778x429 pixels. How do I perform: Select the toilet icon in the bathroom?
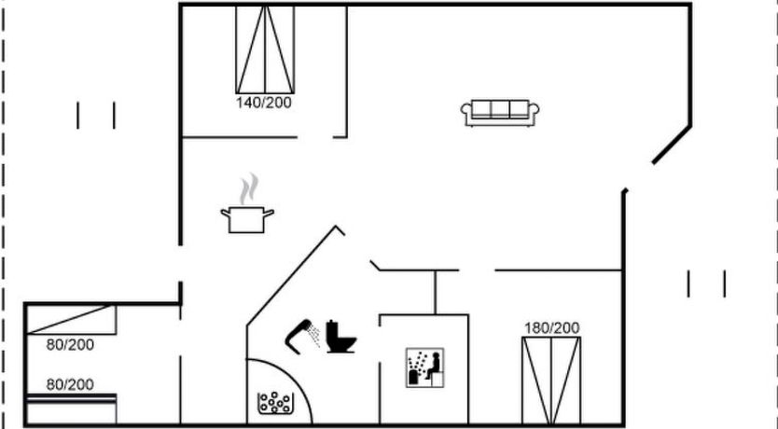pos(340,337)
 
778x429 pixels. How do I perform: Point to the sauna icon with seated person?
pos(424,367)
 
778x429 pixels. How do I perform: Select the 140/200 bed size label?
pos(264,103)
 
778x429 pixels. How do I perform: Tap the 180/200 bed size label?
pos(551,327)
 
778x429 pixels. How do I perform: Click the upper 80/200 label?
pos(70,345)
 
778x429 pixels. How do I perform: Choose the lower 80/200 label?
pos(70,384)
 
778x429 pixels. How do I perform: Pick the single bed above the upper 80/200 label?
pos(71,319)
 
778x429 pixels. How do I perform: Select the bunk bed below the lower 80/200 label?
pos(71,408)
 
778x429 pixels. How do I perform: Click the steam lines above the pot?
pos(247,188)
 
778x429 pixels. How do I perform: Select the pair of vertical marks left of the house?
pos(96,116)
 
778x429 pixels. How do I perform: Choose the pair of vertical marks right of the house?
pos(706,284)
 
